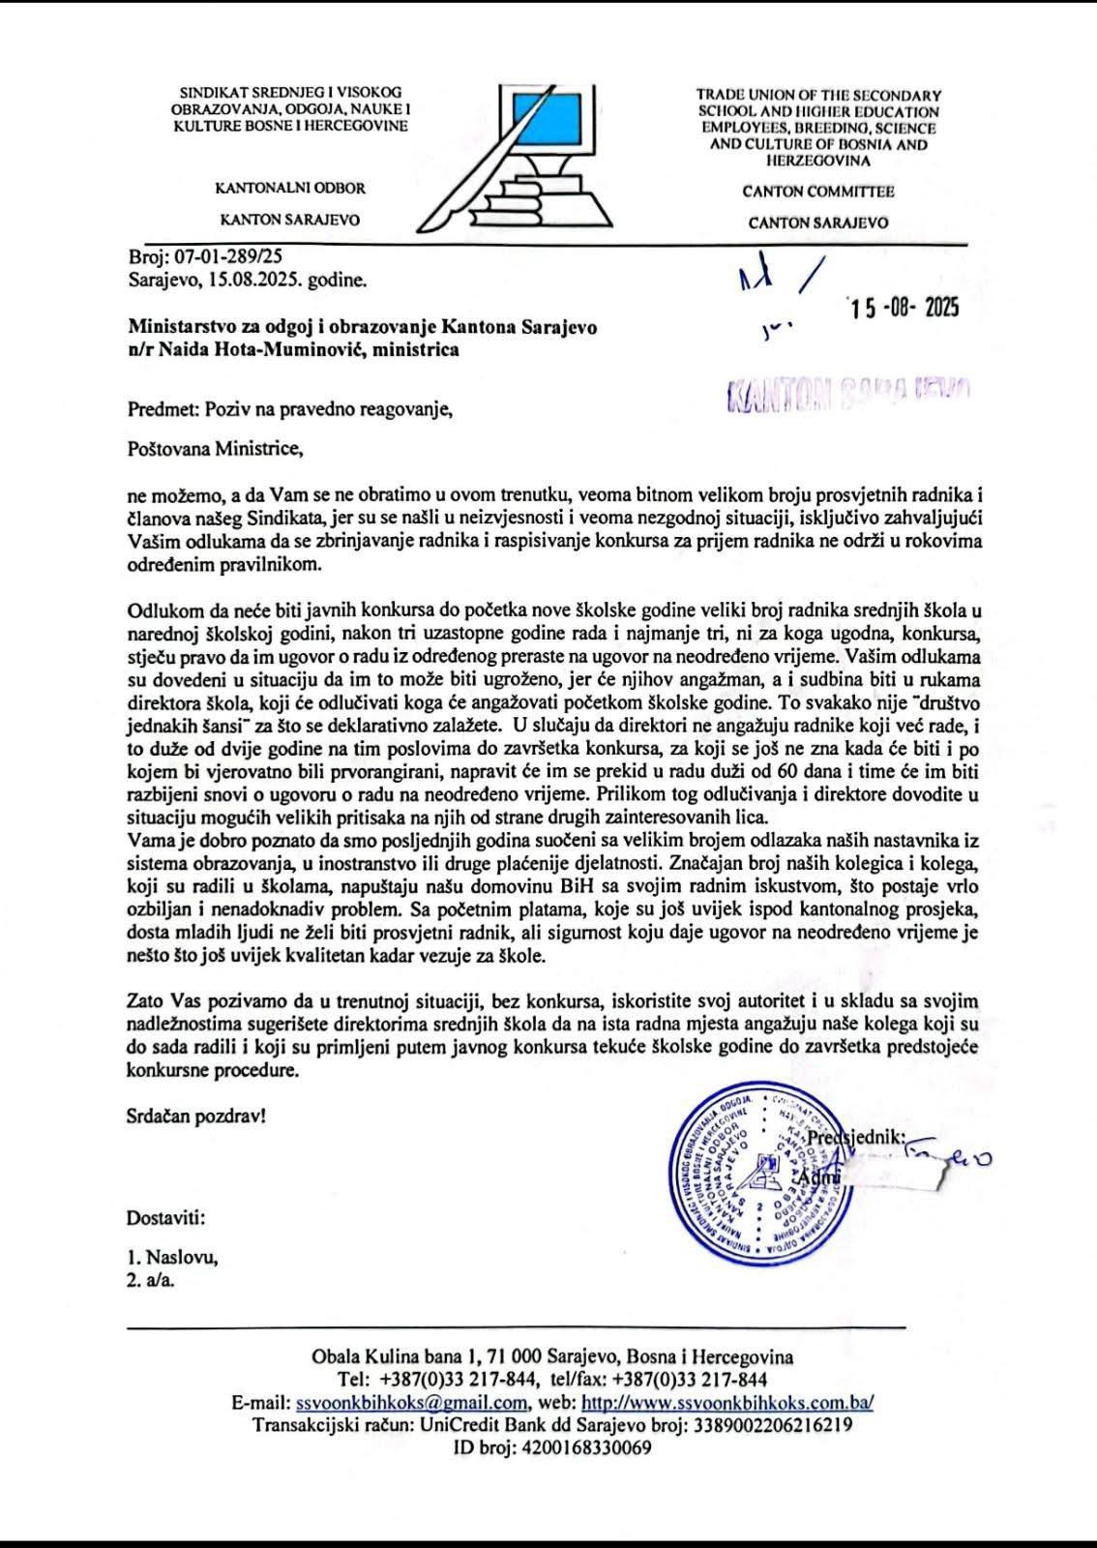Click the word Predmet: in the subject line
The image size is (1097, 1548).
click(163, 408)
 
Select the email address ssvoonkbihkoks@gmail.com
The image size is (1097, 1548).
click(411, 1403)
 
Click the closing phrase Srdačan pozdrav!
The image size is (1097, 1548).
click(195, 1116)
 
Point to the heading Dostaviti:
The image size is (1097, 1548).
click(165, 1217)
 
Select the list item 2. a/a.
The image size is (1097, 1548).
click(151, 1280)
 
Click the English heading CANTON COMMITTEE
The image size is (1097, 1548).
click(818, 192)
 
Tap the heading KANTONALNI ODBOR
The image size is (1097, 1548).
click(290, 188)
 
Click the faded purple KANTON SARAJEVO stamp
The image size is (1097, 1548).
click(846, 393)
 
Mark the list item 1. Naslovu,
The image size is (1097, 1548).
click(172, 1258)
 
